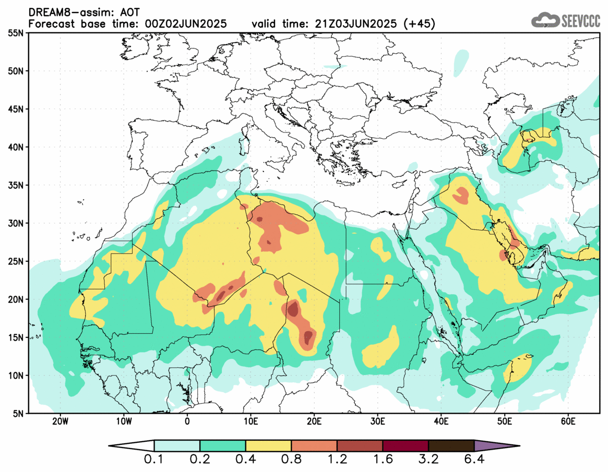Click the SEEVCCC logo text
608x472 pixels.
point(580,21)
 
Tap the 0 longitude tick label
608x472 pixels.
point(187,421)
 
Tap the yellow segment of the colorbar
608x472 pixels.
point(268,446)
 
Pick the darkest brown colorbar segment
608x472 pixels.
point(451,446)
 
